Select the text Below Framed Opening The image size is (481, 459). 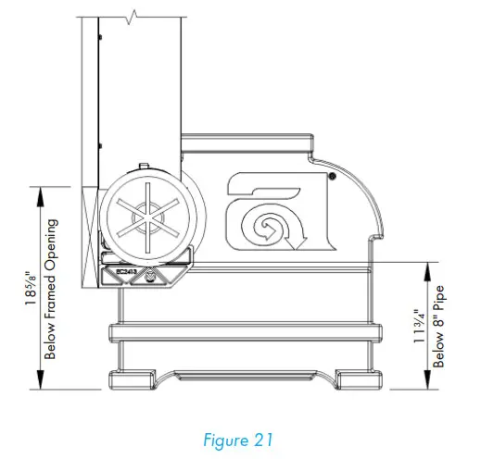pyautogui.click(x=53, y=287)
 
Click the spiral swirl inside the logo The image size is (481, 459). pyautogui.click(x=262, y=223)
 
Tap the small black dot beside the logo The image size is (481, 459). pyautogui.click(x=331, y=176)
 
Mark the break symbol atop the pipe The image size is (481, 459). pyautogui.click(x=136, y=16)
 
